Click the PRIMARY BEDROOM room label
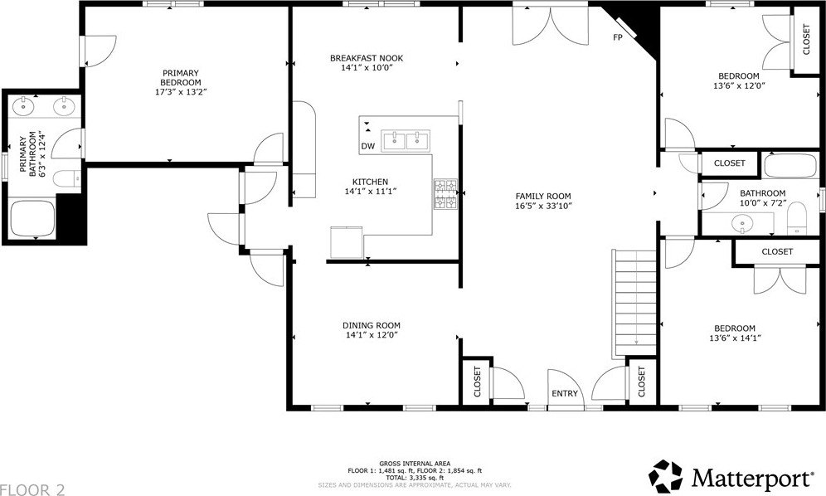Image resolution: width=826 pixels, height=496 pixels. click(181, 77)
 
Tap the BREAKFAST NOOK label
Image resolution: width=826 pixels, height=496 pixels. click(366, 58)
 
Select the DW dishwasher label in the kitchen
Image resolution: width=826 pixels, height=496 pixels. click(367, 147)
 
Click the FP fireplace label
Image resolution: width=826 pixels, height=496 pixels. click(618, 37)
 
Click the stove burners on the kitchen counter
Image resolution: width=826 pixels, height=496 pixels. click(444, 194)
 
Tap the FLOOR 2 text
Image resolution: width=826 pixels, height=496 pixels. click(32, 489)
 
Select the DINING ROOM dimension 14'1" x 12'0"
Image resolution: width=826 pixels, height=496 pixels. click(372, 336)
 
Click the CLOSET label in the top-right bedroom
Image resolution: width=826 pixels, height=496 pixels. click(806, 38)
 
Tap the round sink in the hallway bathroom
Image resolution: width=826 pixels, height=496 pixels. click(741, 223)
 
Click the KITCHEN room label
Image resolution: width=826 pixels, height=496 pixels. click(370, 182)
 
